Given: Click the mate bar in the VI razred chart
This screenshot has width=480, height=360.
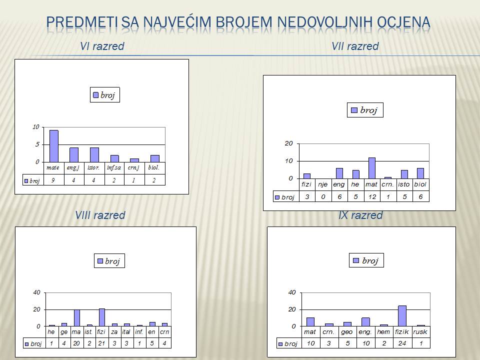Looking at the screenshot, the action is (54, 146).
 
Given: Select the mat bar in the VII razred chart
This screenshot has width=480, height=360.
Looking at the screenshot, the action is (372, 168).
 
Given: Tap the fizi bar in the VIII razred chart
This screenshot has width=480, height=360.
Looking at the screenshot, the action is (102, 317).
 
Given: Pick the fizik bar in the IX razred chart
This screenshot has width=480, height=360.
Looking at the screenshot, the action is (402, 316).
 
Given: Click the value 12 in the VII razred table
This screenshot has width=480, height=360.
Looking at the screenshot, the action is (372, 197).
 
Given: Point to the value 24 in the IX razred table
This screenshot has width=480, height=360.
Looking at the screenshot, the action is (402, 343).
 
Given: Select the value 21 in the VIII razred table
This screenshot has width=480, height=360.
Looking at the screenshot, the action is (101, 343).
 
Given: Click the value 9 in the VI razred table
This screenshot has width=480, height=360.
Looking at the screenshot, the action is (53, 180).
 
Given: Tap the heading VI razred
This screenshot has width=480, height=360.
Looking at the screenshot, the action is (102, 46).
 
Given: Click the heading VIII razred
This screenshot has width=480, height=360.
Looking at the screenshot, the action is (100, 215).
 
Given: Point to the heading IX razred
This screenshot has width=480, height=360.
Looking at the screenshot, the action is (360, 215).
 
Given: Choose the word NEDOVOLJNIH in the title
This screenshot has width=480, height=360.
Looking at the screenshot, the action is (325, 22).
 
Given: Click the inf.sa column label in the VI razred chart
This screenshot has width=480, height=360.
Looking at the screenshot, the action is (114, 167).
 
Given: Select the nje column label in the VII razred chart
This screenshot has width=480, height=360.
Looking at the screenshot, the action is (322, 184).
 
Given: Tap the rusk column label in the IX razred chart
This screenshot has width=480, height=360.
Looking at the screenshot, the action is (420, 332).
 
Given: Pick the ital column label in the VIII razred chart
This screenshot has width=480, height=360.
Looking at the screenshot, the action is (126, 332).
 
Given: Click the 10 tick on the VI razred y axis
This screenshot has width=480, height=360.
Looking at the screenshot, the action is (36, 126).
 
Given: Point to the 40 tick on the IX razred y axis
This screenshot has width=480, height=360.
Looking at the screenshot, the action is (292, 292).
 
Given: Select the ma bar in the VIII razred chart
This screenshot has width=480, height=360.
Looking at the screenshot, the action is (77, 318).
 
